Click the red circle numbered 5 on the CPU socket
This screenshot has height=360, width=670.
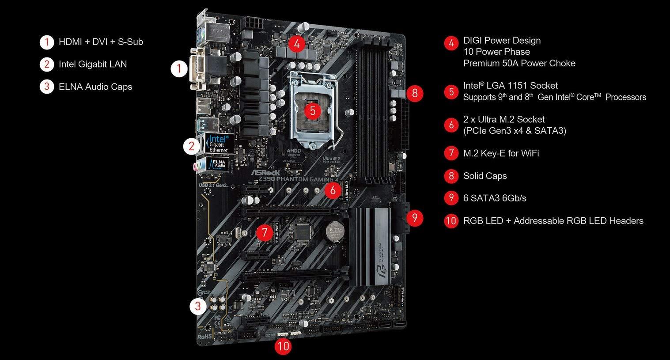pyautogui.click(x=313, y=110)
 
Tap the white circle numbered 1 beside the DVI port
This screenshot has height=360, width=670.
pyautogui.click(x=179, y=68)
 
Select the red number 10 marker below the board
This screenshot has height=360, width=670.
pyautogui.click(x=283, y=345)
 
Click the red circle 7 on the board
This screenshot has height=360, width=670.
pyautogui.click(x=264, y=232)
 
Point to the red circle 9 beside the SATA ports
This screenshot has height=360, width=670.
pyautogui.click(x=414, y=218)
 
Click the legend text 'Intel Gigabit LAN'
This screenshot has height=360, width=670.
pyautogui.click(x=93, y=64)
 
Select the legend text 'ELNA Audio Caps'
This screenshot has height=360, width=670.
pyautogui.click(x=95, y=87)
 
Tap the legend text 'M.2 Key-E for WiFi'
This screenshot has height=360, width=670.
pyautogui.click(x=501, y=153)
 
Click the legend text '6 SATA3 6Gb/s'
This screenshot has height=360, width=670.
pyautogui.click(x=495, y=198)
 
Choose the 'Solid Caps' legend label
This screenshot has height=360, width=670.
pyautogui.click(x=485, y=176)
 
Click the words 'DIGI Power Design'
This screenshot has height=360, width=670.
pyautogui.click(x=502, y=41)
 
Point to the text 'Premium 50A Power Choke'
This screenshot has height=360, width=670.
pyautogui.click(x=519, y=63)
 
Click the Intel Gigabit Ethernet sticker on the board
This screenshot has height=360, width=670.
pyautogui.click(x=218, y=144)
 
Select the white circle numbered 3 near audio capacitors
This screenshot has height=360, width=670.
pyautogui.click(x=198, y=306)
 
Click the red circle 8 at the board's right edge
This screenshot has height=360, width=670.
pyautogui.click(x=414, y=93)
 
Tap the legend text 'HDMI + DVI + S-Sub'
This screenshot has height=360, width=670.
pyautogui.click(x=101, y=42)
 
